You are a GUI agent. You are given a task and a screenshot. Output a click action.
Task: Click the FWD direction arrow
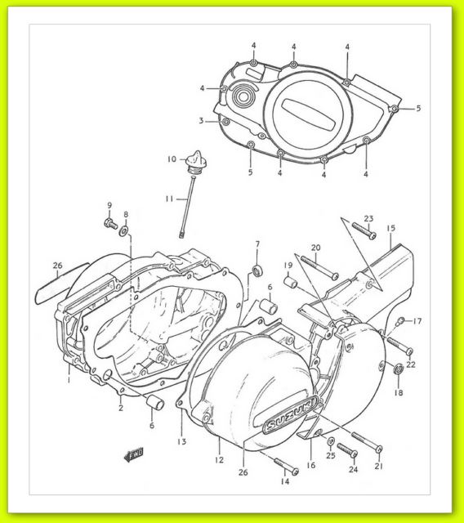pyautogui.click(x=134, y=454)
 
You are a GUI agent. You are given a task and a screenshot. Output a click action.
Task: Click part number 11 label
pyautogui.click(x=169, y=199)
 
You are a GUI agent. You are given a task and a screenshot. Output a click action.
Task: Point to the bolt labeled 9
pyautogui.click(x=110, y=223)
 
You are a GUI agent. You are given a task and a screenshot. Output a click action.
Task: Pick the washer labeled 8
pyautogui.click(x=124, y=230)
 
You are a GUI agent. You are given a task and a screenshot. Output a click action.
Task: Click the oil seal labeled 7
pyautogui.click(x=257, y=270)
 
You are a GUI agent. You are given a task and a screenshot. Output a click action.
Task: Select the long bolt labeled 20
pyautogui.click(x=319, y=267)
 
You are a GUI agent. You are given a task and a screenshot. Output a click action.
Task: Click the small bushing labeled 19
pyautogui.click(x=290, y=282)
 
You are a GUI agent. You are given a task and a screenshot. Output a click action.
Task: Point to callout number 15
pyautogui.click(x=390, y=228)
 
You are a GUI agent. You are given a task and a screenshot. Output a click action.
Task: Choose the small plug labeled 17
pyautogui.click(x=399, y=321)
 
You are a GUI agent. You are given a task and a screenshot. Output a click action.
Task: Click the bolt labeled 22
pyautogui.click(x=399, y=346)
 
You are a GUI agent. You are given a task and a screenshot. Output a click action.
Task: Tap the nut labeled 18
pyautogui.click(x=398, y=369)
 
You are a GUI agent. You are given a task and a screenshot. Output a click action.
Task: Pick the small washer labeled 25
pyautogui.click(x=331, y=441)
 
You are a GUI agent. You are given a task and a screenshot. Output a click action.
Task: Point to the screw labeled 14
pyautogui.click(x=286, y=466)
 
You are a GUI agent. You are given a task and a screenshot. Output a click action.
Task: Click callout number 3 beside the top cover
pyautogui.click(x=201, y=120)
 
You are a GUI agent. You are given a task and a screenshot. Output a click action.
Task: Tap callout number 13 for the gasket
pyautogui.click(x=181, y=441)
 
